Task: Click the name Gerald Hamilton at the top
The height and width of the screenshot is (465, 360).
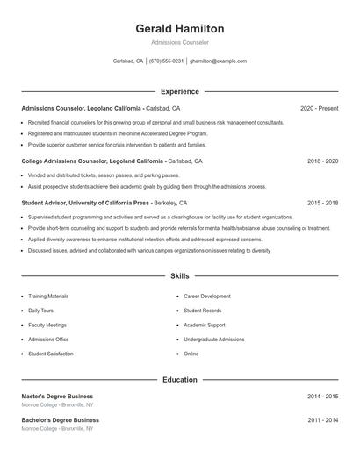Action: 180,29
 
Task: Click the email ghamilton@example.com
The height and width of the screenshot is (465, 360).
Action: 218,61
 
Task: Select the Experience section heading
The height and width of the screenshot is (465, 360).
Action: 180,91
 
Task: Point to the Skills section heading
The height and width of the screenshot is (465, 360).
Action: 180,275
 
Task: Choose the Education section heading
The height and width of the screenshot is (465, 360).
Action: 180,380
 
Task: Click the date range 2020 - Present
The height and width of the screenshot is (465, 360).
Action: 319,108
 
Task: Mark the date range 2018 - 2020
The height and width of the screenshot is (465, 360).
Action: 322,161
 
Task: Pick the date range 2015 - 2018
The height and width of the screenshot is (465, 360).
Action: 322,202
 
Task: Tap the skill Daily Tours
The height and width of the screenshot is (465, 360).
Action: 41,311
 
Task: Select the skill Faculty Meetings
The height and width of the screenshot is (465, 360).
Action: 47,325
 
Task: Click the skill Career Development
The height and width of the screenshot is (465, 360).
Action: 207,297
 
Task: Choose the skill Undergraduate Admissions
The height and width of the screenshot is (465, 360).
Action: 214,339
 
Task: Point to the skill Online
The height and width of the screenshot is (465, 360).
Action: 191,354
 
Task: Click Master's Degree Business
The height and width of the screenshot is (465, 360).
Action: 57,396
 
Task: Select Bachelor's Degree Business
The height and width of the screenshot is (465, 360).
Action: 59,420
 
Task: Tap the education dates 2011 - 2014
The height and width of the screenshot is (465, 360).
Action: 322,420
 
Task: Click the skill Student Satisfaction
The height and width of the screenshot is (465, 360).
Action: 51,354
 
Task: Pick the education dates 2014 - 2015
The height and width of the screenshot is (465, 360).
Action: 322,396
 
